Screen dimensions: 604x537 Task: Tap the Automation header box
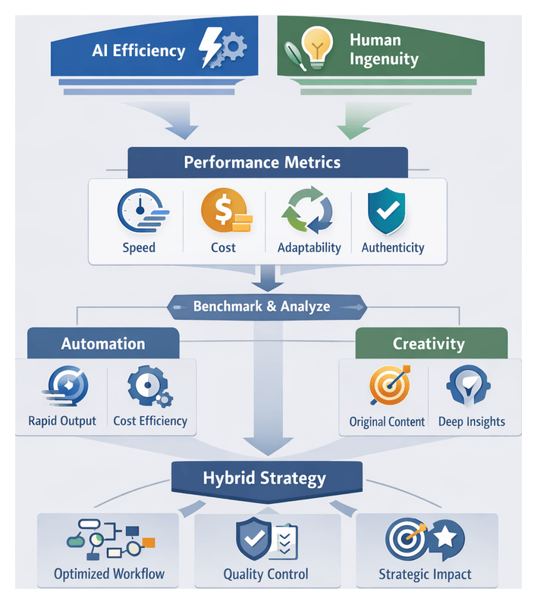click(x=103, y=343)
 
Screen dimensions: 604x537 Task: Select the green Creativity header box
click(x=429, y=343)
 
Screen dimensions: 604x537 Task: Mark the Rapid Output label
click(x=62, y=421)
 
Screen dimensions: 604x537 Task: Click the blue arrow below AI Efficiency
click(x=181, y=121)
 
